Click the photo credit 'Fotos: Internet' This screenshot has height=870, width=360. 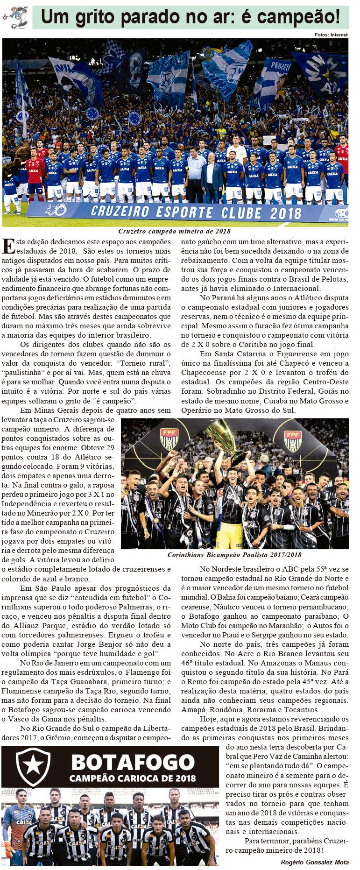(x=331, y=35)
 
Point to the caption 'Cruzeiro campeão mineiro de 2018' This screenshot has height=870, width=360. (x=174, y=231)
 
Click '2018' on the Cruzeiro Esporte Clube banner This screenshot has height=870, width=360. (x=285, y=213)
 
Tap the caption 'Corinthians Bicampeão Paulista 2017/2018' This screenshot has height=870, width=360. (x=234, y=555)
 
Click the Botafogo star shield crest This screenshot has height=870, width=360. (x=33, y=766)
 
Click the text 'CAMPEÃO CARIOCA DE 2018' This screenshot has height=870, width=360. (x=133, y=778)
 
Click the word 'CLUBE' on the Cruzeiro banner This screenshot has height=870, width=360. (x=241, y=212)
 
